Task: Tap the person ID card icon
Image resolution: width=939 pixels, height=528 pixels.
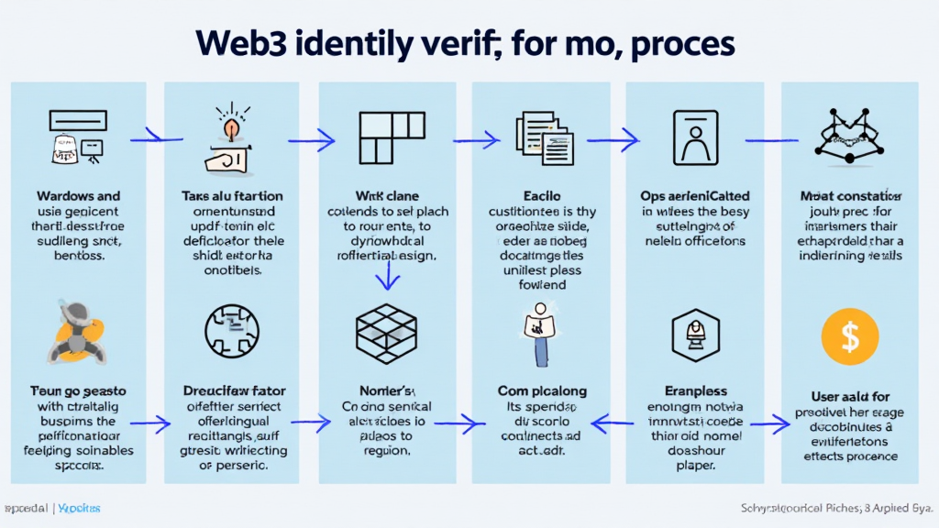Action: [694, 138]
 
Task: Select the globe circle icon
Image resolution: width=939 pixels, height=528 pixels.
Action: [234, 332]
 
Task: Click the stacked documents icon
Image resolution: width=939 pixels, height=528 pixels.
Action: [544, 137]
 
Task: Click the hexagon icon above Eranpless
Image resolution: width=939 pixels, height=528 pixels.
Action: [694, 331]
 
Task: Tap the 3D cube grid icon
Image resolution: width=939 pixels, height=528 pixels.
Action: [388, 333]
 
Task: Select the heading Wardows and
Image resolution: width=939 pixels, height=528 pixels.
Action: [78, 196]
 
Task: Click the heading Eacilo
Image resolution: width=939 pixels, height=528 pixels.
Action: [541, 196]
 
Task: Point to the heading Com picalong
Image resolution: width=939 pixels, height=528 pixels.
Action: [541, 391]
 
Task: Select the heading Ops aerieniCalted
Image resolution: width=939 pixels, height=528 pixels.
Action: [694, 196]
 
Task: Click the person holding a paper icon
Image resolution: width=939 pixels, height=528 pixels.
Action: [541, 332]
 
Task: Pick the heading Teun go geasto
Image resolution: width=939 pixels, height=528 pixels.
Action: [78, 391]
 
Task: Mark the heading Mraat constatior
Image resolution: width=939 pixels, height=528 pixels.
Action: [849, 196]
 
